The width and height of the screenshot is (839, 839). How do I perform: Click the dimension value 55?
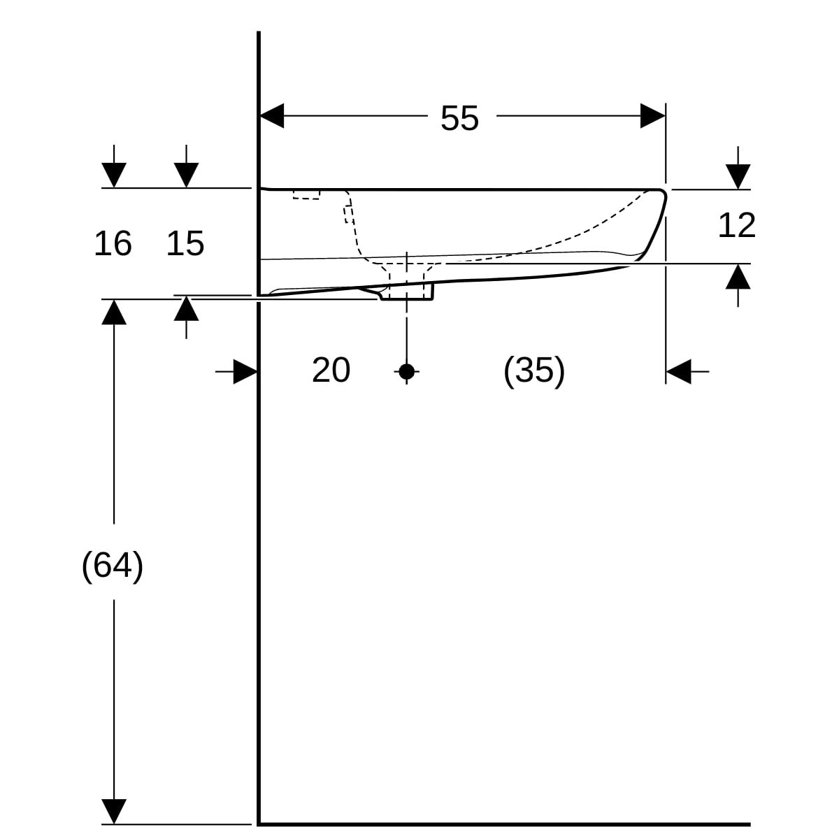coord(459,118)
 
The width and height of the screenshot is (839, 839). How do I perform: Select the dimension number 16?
coord(113,243)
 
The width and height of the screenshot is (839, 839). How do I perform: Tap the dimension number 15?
coord(185,243)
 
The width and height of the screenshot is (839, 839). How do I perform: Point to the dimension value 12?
coord(737,225)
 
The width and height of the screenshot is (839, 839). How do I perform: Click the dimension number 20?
coord(331,369)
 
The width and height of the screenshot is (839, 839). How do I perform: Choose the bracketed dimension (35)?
coord(534,369)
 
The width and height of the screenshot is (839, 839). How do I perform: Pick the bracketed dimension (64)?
coord(113,565)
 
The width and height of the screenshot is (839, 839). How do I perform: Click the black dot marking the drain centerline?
coord(407,371)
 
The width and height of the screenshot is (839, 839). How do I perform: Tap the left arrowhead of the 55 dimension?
coord(272,116)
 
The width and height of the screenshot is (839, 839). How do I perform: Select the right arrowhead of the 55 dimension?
coord(652,116)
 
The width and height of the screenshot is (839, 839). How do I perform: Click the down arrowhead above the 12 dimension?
coord(738,176)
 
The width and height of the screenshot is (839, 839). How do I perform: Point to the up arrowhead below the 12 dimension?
coord(738,277)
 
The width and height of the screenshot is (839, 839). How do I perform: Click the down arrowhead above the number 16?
coord(114,175)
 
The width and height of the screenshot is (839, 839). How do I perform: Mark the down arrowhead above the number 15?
coord(186,175)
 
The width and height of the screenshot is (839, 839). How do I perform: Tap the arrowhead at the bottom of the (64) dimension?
coord(114,811)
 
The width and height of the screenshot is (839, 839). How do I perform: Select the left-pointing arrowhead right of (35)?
coord(678,371)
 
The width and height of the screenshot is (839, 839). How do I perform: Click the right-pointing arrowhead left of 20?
coord(245,372)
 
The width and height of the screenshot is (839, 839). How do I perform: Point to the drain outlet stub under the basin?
coord(407,291)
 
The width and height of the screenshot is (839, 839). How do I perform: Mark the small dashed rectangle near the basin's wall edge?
coord(306,194)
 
